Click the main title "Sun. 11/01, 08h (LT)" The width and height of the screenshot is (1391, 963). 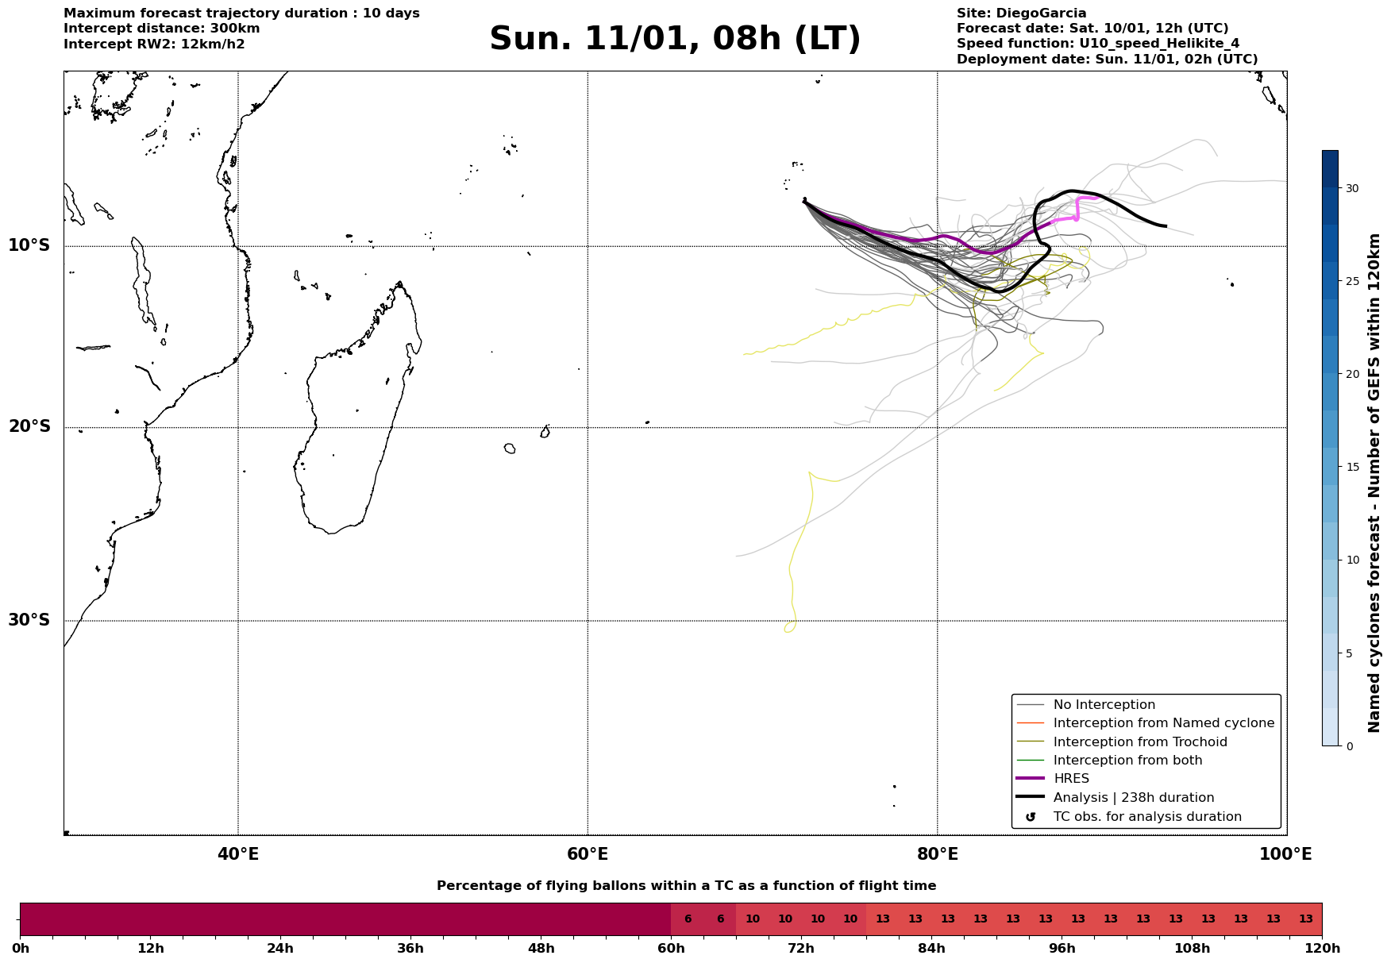click(675, 39)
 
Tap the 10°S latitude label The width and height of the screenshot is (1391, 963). click(29, 245)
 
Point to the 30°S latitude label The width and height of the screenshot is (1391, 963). click(29, 620)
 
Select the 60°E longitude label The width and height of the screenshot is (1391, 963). click(588, 854)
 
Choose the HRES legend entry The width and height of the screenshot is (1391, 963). click(1071, 779)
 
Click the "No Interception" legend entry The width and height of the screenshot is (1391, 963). click(1104, 705)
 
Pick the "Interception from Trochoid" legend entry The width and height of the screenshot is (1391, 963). click(1139, 742)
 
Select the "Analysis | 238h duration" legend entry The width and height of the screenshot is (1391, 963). click(1133, 798)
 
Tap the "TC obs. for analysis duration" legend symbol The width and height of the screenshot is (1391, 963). click(1031, 817)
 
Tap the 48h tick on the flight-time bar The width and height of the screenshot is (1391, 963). click(541, 948)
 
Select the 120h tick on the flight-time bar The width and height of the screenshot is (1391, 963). click(1322, 948)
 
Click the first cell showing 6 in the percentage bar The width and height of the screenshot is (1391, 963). click(688, 919)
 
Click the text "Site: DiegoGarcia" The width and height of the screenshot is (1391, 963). click(1021, 13)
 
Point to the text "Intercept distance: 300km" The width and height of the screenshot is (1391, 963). click(161, 29)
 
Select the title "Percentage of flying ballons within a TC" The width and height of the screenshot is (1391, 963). click(686, 886)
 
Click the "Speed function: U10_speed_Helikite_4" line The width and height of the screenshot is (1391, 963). click(1097, 44)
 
